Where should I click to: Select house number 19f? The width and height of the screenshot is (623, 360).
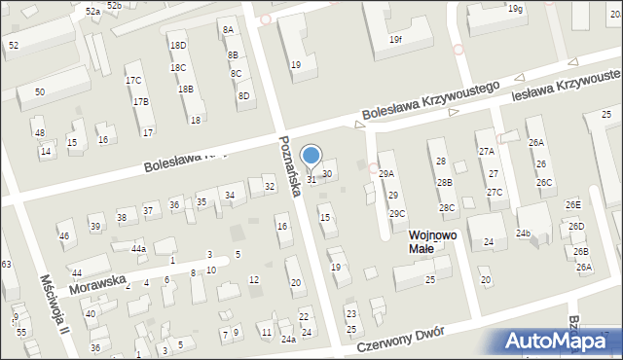(x=395, y=40)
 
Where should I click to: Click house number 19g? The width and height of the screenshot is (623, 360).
(x=514, y=9)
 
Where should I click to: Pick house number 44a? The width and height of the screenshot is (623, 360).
(x=139, y=249)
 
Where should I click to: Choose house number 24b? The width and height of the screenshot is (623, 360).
(x=524, y=234)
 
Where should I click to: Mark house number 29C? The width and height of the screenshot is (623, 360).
(x=397, y=213)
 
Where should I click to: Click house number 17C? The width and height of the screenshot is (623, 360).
(x=133, y=80)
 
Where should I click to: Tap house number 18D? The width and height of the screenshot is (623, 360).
(x=177, y=46)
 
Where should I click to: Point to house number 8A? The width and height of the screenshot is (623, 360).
(x=228, y=30)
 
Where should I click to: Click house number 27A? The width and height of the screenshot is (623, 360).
(x=486, y=152)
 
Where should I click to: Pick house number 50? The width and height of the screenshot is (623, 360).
(x=39, y=91)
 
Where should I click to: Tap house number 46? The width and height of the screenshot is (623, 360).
(x=64, y=235)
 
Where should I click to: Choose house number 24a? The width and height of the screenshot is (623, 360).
(x=288, y=339)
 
